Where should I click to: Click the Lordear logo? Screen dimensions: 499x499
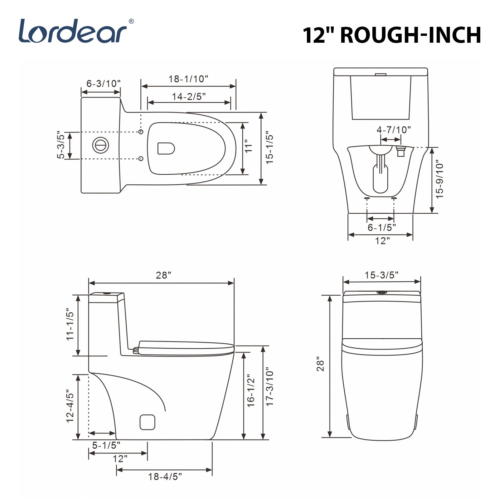(x=76, y=31)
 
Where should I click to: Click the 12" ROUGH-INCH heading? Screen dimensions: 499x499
(x=392, y=35)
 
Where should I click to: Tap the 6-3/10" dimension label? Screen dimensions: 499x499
(x=104, y=84)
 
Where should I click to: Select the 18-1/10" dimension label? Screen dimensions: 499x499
(x=188, y=79)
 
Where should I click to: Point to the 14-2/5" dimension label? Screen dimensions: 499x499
(x=189, y=97)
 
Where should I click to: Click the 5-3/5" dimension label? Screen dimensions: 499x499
(x=61, y=145)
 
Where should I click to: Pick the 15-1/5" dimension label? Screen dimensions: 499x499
(x=269, y=149)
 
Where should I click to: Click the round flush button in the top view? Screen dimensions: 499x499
(x=100, y=145)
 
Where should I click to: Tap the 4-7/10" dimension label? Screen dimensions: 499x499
(x=394, y=129)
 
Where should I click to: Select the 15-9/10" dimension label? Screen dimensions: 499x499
(x=439, y=180)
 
